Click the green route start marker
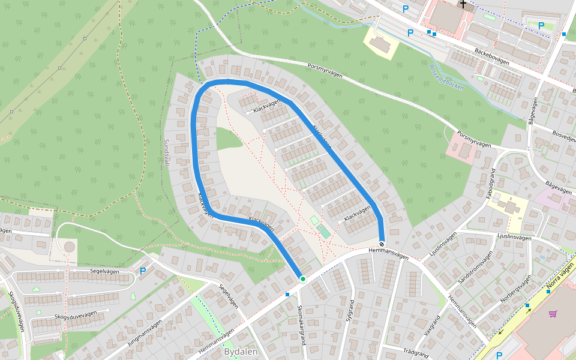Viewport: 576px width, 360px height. tap(303, 279)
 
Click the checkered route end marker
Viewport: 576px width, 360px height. tap(382, 244)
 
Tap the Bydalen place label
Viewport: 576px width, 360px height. tap(241, 352)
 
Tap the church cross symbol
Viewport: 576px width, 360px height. tap(463, 4)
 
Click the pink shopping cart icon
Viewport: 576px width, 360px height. tap(553, 313)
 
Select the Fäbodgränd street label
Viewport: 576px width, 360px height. tap(491, 187)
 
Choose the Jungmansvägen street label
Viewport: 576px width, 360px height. tap(145, 334)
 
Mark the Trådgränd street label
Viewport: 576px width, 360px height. tap(418, 352)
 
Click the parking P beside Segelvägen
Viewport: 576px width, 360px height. tap(143, 271)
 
